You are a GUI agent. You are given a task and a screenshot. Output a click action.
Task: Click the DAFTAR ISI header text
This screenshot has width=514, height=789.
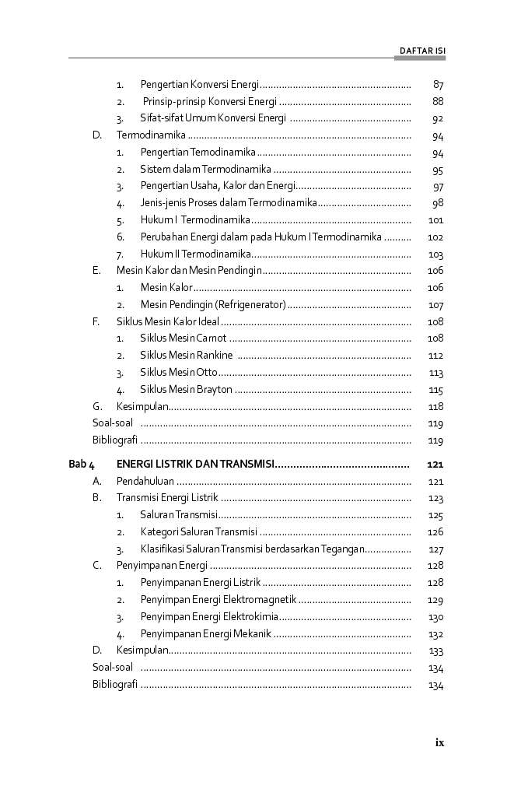[x=421, y=51]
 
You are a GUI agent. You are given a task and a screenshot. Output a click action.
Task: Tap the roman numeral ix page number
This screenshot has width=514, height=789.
[x=439, y=742]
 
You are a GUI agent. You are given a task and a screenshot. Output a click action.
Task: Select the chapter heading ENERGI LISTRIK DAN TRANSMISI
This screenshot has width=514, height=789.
[x=194, y=465]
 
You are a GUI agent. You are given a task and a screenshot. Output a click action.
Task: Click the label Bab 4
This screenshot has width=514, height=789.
[x=81, y=465]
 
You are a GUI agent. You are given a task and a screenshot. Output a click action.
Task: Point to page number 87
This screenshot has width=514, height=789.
[x=438, y=84]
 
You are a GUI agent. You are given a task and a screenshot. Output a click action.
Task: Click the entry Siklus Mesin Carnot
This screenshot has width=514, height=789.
[x=183, y=338]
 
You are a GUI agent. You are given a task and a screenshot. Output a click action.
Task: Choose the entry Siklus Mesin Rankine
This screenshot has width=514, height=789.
[x=186, y=356]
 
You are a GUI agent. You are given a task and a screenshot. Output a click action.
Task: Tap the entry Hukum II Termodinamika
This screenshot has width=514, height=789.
[x=194, y=254]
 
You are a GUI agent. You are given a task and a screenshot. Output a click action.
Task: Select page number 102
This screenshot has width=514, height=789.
[x=435, y=237]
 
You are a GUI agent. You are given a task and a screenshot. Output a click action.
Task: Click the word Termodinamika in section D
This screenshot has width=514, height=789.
[x=151, y=135]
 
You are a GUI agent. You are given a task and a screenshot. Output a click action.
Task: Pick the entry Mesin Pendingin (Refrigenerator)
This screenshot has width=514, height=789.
[x=212, y=305]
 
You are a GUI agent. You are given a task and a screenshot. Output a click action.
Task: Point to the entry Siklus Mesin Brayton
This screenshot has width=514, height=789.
[x=186, y=390]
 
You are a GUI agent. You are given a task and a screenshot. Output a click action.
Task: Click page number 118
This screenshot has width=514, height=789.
[x=435, y=407]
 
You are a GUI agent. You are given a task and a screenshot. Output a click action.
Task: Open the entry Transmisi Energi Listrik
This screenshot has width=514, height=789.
[x=166, y=498]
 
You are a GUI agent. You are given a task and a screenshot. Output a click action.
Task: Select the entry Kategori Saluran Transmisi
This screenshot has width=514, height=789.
[x=198, y=532]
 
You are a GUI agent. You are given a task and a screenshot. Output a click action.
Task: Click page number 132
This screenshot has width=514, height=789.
[x=435, y=634]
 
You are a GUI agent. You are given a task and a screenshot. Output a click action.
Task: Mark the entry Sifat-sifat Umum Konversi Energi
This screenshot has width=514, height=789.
[x=212, y=118]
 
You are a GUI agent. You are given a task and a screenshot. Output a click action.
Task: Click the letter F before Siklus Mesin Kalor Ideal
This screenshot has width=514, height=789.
[x=96, y=321]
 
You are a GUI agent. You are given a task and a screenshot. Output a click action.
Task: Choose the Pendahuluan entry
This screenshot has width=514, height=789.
[x=145, y=482]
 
